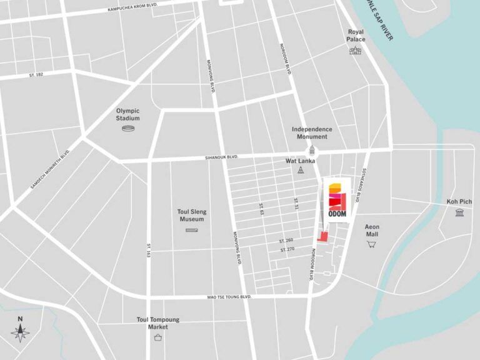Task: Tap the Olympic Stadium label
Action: pyautogui.click(x=127, y=114)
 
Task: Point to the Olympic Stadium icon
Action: pyautogui.click(x=128, y=129)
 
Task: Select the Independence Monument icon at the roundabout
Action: pyautogui.click(x=312, y=151)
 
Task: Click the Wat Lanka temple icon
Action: pyautogui.click(x=301, y=171)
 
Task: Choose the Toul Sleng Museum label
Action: pyautogui.click(x=192, y=216)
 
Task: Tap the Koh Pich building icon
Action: pyautogui.click(x=460, y=214)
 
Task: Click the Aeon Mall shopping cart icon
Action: pyautogui.click(x=372, y=244)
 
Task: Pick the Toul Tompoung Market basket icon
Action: pyautogui.click(x=158, y=337)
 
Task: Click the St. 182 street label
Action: pyautogui.click(x=36, y=75)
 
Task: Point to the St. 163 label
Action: pyautogui.click(x=149, y=250)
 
